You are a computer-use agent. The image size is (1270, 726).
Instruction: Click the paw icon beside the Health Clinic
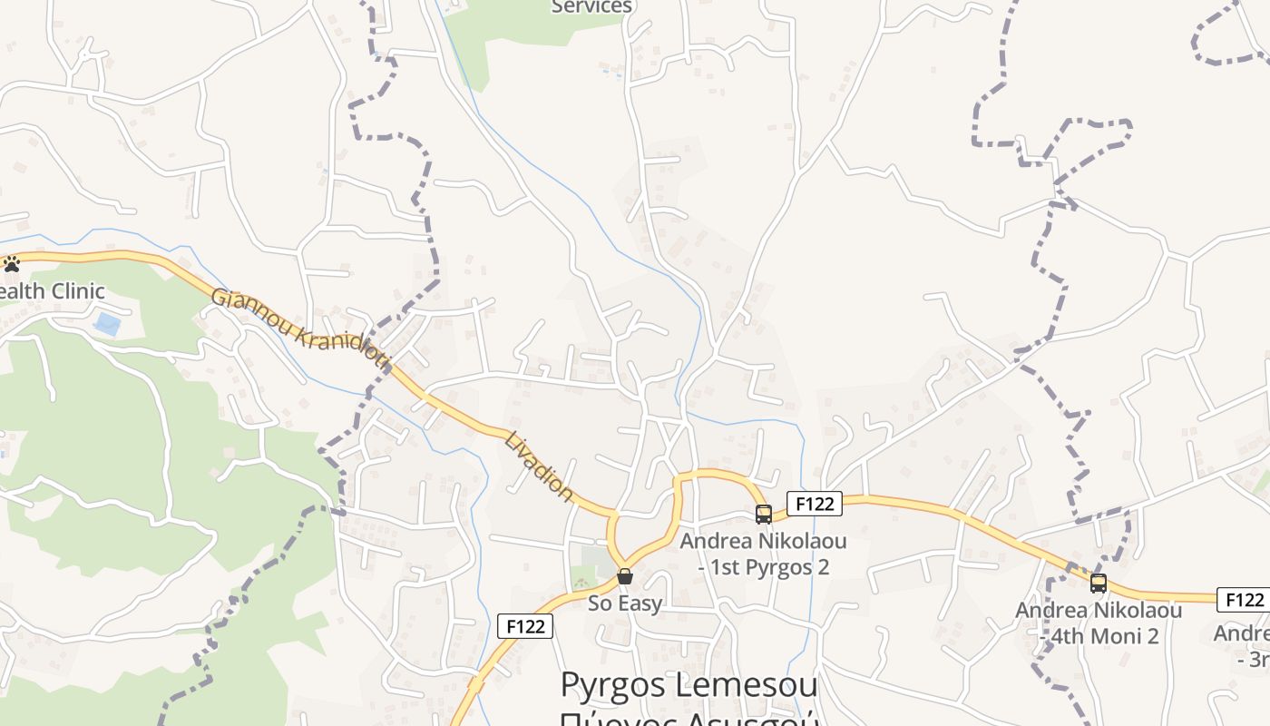pyautogui.click(x=12, y=264)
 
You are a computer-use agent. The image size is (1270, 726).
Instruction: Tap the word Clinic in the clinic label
pyautogui.click(x=78, y=291)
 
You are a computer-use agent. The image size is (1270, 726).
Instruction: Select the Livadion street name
pyautogui.click(x=540, y=466)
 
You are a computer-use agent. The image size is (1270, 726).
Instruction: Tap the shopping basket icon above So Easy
pyautogui.click(x=625, y=576)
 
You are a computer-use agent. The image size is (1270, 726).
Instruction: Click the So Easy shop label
pyautogui.click(x=625, y=603)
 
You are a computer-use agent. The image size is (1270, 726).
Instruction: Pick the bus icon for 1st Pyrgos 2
pyautogui.click(x=764, y=515)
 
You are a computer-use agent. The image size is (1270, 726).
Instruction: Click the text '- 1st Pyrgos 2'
pyautogui.click(x=763, y=568)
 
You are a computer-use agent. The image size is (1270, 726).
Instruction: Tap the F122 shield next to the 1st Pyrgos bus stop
pyautogui.click(x=814, y=504)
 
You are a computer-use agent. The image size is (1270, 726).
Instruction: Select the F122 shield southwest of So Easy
pyautogui.click(x=525, y=626)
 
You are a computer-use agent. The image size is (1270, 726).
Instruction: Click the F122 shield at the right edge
pyautogui.click(x=1244, y=600)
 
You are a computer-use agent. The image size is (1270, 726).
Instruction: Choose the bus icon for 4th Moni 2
pyautogui.click(x=1099, y=584)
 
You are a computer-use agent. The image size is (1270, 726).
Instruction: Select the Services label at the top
pyautogui.click(x=591, y=7)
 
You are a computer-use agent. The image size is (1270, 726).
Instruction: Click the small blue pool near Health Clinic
pyautogui.click(x=107, y=324)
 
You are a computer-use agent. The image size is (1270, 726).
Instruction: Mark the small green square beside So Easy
pyautogui.click(x=595, y=560)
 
